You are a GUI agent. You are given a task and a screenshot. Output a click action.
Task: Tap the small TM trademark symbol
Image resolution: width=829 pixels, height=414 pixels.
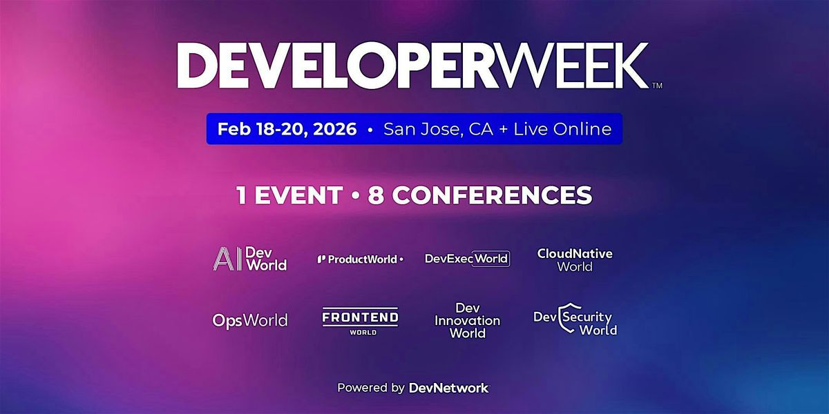pyautogui.click(x=657, y=86)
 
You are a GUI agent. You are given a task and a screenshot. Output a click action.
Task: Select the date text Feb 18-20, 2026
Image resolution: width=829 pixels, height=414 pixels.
pyautogui.click(x=287, y=129)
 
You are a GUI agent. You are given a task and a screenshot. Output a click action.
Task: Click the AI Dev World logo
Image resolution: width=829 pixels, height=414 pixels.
pyautogui.click(x=249, y=259)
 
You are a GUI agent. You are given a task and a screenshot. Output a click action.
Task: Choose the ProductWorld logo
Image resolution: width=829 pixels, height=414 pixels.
pyautogui.click(x=360, y=259)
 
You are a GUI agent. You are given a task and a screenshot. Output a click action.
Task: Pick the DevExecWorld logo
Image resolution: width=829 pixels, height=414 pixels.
pyautogui.click(x=467, y=259)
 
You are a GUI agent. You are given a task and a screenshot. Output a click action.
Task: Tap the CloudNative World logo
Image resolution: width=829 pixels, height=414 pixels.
pyautogui.click(x=575, y=259)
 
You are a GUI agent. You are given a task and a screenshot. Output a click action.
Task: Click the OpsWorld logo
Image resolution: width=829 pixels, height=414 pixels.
pyautogui.click(x=249, y=320)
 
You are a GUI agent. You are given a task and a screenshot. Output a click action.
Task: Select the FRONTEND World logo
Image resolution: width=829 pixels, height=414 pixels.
pyautogui.click(x=360, y=321)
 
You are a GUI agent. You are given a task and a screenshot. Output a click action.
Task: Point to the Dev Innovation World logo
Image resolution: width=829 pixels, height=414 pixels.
pyautogui.click(x=467, y=320)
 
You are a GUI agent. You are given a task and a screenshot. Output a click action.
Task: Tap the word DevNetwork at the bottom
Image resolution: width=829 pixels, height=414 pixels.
pyautogui.click(x=448, y=388)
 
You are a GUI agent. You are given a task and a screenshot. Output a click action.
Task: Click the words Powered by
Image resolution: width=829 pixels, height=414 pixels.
pyautogui.click(x=371, y=388)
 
